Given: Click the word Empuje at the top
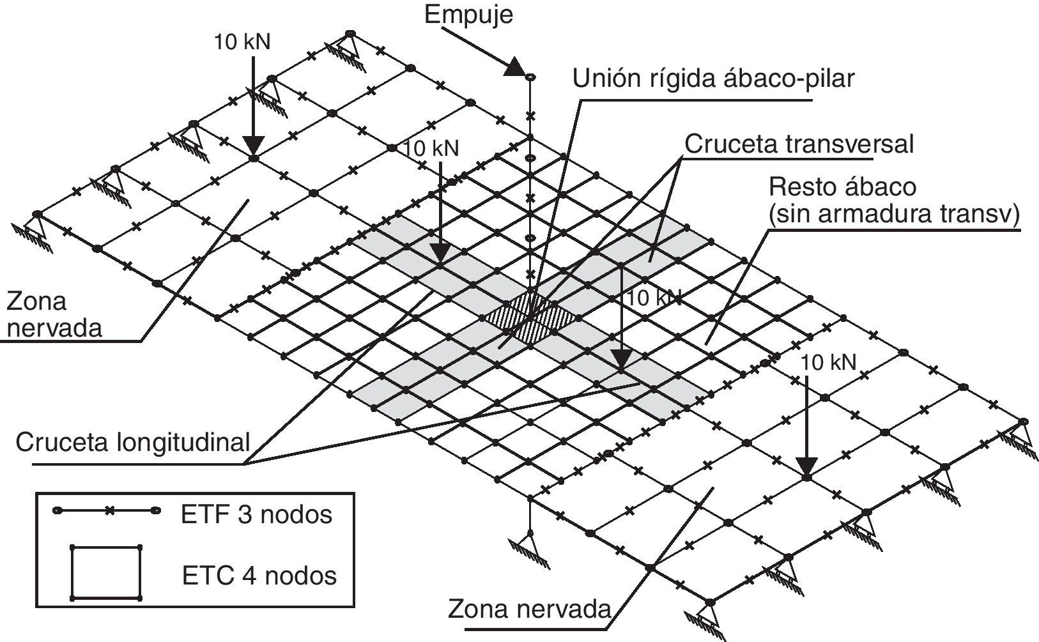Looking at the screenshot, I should pos(468,14).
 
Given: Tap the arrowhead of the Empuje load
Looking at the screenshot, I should pos(514,67).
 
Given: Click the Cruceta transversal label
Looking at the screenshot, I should pos(799,144).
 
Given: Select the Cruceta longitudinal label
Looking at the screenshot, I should pos(133,441).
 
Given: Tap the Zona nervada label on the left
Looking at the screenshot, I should pos(54,314).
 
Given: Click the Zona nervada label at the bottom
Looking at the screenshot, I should pos(530,608).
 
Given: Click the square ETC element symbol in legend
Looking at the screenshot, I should pos(106,572).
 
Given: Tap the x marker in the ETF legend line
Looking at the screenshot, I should pos(109,511).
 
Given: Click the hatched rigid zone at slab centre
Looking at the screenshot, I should pos(530,316).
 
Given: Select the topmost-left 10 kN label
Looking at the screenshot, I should pos(242,42).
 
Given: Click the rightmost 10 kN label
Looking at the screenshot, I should pos(829,363).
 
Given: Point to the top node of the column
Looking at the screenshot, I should pos(530,77).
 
